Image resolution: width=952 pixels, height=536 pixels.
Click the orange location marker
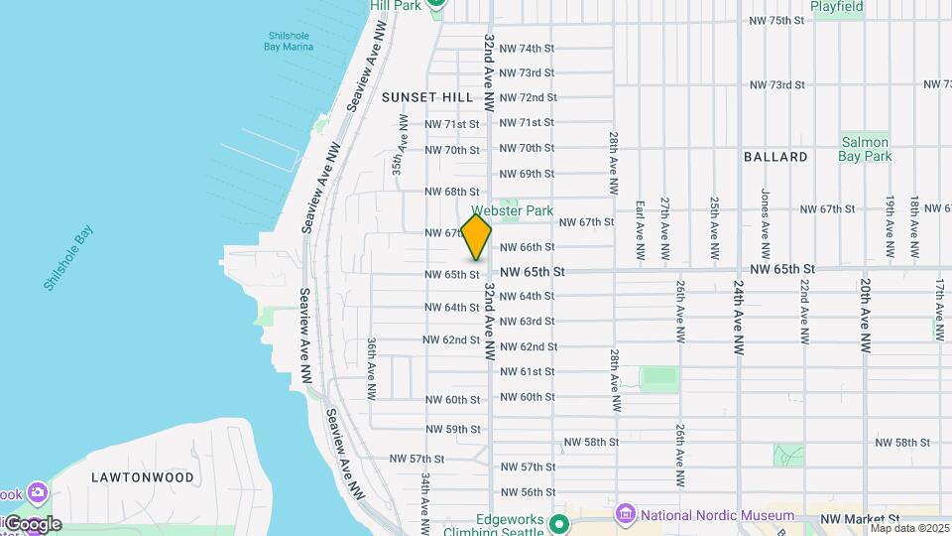[477, 236]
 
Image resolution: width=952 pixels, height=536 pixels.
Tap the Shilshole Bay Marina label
[290, 41]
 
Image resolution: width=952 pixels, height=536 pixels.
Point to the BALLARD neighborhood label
[774, 157]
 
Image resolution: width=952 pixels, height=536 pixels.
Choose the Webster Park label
[503, 210]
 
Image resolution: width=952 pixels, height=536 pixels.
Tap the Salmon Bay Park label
[867, 148]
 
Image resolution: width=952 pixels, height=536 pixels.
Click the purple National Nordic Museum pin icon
[625, 514]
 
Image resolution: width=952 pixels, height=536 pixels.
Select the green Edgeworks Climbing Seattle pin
[558, 524]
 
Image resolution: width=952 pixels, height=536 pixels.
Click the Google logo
[32, 524]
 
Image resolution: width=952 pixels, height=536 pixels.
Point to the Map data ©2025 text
[909, 528]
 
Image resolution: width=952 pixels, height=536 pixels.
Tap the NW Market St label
[860, 518]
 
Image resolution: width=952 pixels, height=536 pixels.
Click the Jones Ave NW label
[765, 218]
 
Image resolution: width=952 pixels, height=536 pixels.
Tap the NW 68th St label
[452, 192]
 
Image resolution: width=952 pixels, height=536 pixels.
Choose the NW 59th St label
[452, 430]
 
